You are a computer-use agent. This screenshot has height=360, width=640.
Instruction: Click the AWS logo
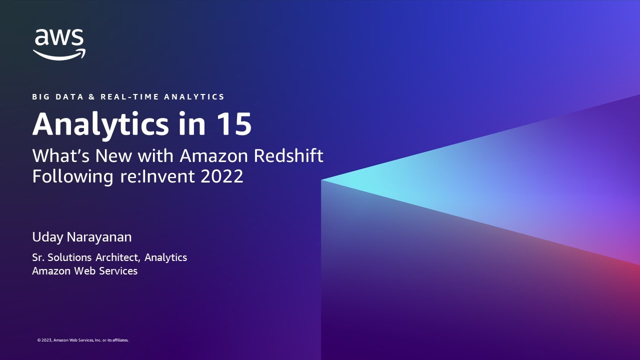pos(59,44)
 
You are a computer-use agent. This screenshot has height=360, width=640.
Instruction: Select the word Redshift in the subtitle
pos(288,156)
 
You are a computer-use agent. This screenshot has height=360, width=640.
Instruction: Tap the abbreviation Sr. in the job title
pos(38,257)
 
